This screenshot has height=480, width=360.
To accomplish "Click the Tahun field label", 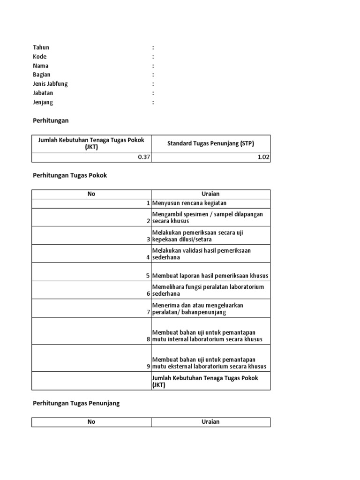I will coord(41,47).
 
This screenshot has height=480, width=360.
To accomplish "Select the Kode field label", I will coord(40,57).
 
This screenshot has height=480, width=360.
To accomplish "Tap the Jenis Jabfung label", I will coord(50,84).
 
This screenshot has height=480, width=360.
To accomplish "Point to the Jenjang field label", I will coord(43,102).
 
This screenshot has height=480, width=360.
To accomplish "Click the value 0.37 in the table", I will coord(143,157).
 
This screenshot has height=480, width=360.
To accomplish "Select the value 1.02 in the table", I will coord(263,157).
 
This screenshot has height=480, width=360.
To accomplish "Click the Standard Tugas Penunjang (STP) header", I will coord(210,143).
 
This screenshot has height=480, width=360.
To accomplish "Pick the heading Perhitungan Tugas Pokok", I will coord(70,175).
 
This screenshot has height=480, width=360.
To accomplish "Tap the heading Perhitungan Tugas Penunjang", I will coord(76,403).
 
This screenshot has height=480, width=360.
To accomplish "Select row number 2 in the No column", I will coord(148,221).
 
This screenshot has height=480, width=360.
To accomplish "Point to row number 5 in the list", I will coord(148,276).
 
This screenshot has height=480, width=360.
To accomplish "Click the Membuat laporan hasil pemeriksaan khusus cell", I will coord(210,276).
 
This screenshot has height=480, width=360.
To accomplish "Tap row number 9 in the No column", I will coord(148,367).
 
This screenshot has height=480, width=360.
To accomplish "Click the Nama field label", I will coord(41,66).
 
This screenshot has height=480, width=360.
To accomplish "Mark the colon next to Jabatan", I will coord(153,93).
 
